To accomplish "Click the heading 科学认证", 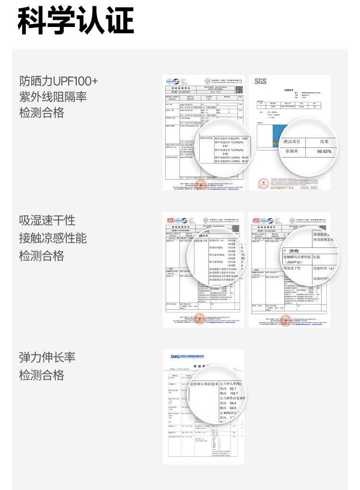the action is (x=76, y=20).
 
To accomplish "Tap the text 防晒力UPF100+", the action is (x=59, y=80).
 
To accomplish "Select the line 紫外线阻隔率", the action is (x=53, y=97).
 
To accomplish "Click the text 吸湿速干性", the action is (x=47, y=220).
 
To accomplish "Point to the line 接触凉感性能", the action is (x=53, y=238).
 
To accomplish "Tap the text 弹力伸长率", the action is (x=47, y=358).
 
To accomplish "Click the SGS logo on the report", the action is (x=260, y=81).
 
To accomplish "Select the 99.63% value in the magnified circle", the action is (x=324, y=151).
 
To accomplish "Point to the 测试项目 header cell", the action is (x=292, y=141).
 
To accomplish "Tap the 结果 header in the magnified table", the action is (x=324, y=141).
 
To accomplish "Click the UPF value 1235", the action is (x=244, y=138).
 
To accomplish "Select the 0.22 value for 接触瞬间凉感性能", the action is (x=316, y=257).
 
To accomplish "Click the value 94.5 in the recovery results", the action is (x=233, y=408).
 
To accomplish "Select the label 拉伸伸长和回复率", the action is (x=204, y=384).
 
